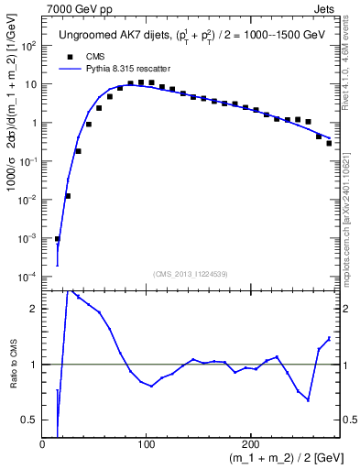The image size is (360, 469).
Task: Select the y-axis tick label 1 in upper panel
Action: pos(34,123)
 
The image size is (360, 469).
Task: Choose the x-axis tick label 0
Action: pos(42,444)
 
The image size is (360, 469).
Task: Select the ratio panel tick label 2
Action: pos(34,309)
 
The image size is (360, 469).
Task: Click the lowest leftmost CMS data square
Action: pos(57,239)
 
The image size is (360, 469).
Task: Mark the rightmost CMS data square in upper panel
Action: pos(329,143)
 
